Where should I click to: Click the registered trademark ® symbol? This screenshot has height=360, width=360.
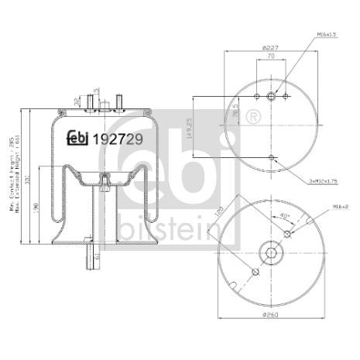coord(252,118)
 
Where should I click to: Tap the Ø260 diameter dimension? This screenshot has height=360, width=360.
coord(270,314)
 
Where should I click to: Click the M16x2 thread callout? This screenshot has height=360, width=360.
coord(332,207)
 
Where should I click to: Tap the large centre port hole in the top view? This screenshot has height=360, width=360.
coord(271,97)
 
